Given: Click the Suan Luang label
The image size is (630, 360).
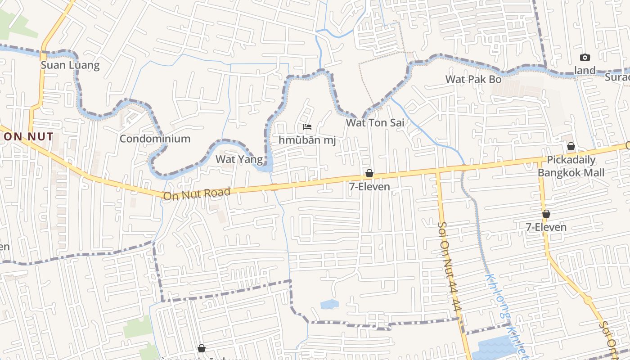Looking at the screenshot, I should [70, 65].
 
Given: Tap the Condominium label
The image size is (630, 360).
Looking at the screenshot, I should [155, 139].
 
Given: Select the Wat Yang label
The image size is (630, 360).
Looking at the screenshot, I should [239, 159].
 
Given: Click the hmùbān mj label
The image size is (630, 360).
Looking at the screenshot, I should [307, 140].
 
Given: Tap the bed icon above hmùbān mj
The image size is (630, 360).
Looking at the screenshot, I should [307, 127].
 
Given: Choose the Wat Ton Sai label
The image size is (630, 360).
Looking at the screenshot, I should [375, 122].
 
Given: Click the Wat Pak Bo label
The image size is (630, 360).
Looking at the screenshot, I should [473, 79].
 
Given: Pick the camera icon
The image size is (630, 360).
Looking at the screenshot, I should [585, 57].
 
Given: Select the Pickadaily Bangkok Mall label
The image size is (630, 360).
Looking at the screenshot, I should [571, 166].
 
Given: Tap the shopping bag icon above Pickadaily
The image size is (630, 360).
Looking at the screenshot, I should [571, 146].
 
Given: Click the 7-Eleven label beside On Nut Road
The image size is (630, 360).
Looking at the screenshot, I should [369, 186].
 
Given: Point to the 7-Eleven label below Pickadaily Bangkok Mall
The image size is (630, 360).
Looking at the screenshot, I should [546, 227].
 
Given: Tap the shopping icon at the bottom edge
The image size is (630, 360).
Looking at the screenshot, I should [201, 348].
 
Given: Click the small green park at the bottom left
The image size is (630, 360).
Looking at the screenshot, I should [138, 327].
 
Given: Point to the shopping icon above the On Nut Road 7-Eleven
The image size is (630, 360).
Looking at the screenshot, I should [369, 173].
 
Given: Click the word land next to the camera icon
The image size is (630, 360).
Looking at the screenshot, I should [585, 71].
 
